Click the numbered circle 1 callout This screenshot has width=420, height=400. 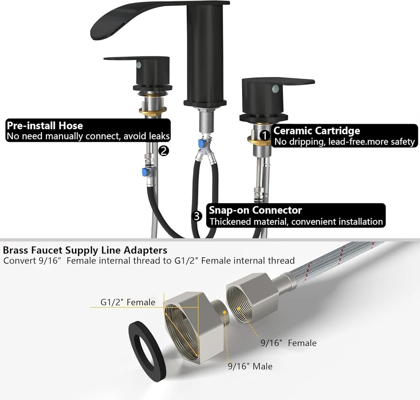(265, 135)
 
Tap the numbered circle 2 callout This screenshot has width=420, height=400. (163, 151)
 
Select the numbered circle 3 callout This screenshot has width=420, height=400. (197, 216)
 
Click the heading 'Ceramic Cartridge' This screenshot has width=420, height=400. (317, 131)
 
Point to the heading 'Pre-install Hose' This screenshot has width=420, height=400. (45, 125)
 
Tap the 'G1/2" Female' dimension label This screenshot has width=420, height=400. (128, 302)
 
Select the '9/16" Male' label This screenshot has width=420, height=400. (250, 366)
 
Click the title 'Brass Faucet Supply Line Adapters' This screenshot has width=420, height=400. (85, 250)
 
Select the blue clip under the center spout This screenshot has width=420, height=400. (201, 144)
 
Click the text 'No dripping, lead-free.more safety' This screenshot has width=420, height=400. (344, 142)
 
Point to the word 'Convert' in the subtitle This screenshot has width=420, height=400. (16, 261)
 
